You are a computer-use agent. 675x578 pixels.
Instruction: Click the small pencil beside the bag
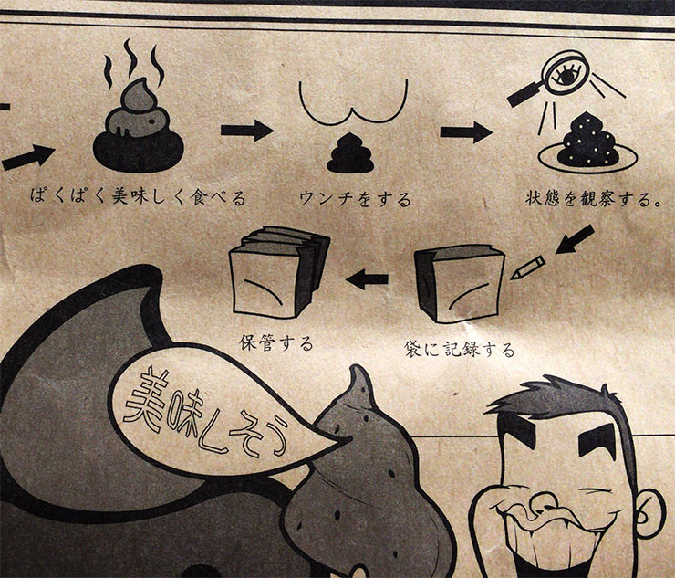(x=528, y=268)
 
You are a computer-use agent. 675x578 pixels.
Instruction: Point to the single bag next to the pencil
(x=459, y=285)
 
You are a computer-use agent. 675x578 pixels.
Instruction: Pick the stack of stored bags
(x=279, y=272)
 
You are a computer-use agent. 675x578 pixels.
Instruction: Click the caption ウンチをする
(x=356, y=199)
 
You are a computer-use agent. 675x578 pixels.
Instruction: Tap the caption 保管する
(x=276, y=343)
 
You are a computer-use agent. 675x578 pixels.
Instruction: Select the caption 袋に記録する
(x=460, y=349)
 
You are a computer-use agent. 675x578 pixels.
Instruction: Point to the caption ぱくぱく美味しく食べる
(x=138, y=197)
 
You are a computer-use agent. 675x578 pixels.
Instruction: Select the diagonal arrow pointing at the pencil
(x=575, y=239)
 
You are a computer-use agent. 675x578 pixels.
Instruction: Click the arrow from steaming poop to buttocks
(x=247, y=131)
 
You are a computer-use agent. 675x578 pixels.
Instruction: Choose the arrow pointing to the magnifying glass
(x=466, y=131)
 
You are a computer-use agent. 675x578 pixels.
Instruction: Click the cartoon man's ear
(x=650, y=513)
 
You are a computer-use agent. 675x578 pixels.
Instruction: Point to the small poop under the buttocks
(x=350, y=153)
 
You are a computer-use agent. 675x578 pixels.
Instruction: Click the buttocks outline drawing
(x=353, y=116)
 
